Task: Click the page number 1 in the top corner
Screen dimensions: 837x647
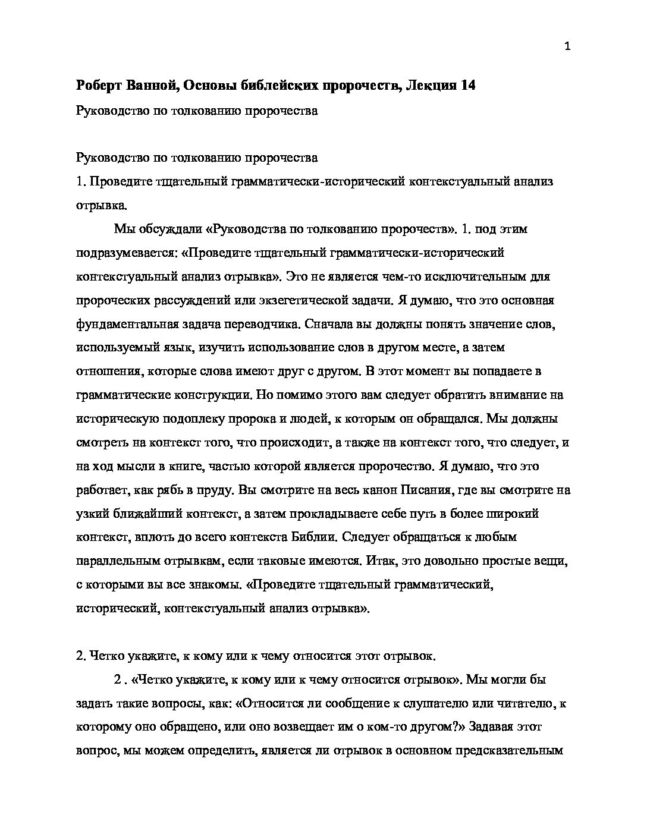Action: click(x=567, y=47)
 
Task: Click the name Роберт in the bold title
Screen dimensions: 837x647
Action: click(x=100, y=86)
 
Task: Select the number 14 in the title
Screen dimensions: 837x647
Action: click(x=467, y=86)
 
